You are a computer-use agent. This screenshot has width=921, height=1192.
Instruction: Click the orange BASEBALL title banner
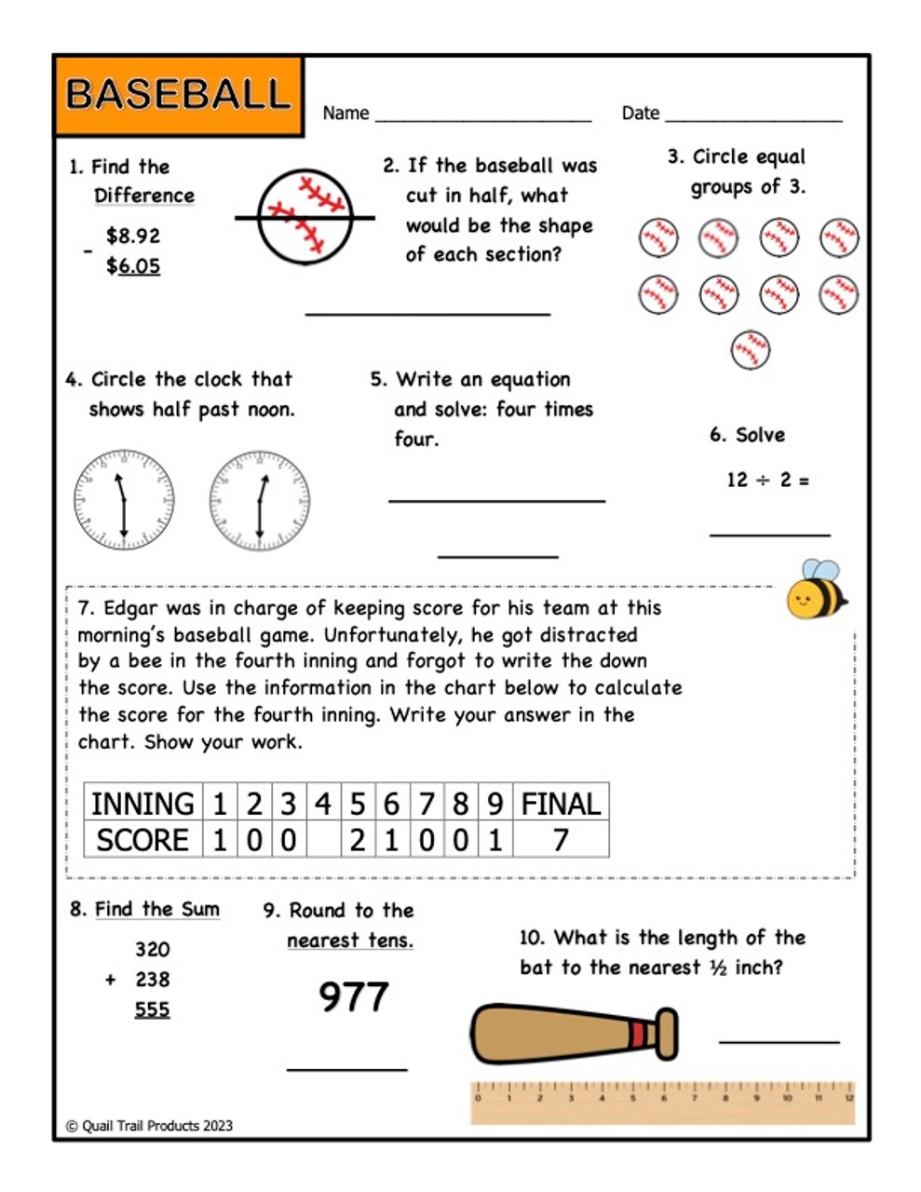coord(178,95)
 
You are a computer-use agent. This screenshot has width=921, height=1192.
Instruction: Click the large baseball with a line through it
coord(305,217)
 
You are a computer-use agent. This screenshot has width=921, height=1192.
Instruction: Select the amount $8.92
coord(133,236)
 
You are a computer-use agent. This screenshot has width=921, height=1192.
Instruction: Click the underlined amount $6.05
coord(133,266)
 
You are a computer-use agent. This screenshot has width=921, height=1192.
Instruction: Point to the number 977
coord(353,996)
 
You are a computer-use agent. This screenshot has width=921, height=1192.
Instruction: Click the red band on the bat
coord(638,1035)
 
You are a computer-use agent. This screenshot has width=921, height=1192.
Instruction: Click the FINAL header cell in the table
coord(561,803)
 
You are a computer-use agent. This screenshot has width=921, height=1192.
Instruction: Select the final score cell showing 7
coord(561,840)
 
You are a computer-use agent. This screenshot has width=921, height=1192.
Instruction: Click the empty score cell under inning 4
coord(322,840)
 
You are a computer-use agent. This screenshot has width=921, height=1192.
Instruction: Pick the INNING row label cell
coord(142,803)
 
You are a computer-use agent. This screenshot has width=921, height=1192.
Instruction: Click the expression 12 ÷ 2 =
coord(767,480)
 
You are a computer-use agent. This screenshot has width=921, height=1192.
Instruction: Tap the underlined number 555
coord(152,1009)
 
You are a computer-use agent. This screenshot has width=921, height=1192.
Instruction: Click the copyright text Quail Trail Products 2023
coord(150,1126)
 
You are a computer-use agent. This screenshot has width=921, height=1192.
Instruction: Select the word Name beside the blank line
coord(345,114)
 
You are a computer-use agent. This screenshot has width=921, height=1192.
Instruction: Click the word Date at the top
coord(641,114)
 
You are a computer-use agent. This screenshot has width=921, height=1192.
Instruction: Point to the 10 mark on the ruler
coord(787,1098)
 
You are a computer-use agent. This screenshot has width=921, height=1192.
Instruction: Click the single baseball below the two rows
coord(750,350)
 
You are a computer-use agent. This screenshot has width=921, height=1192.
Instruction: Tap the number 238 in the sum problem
coord(152,980)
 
